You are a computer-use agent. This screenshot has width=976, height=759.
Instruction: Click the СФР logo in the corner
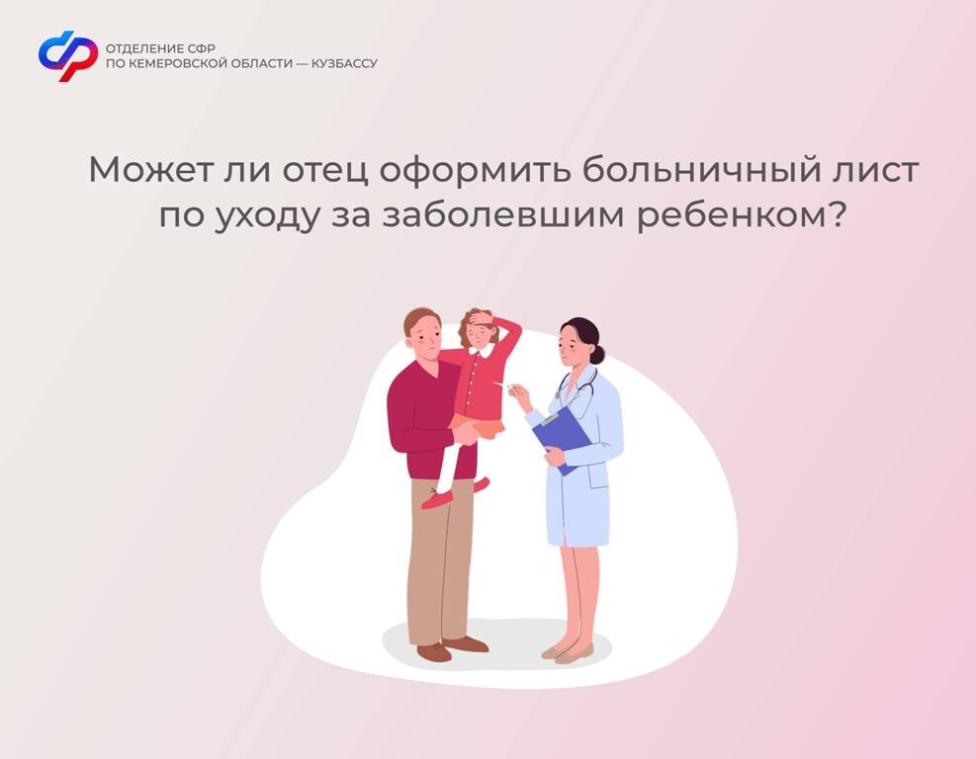(68, 56)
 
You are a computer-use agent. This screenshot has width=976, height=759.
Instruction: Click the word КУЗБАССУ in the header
(344, 63)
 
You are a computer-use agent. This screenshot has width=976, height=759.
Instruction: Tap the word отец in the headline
(325, 169)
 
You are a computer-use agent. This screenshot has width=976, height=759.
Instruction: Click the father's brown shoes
(452, 647)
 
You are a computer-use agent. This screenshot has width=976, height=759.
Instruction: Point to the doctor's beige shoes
(567, 651)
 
